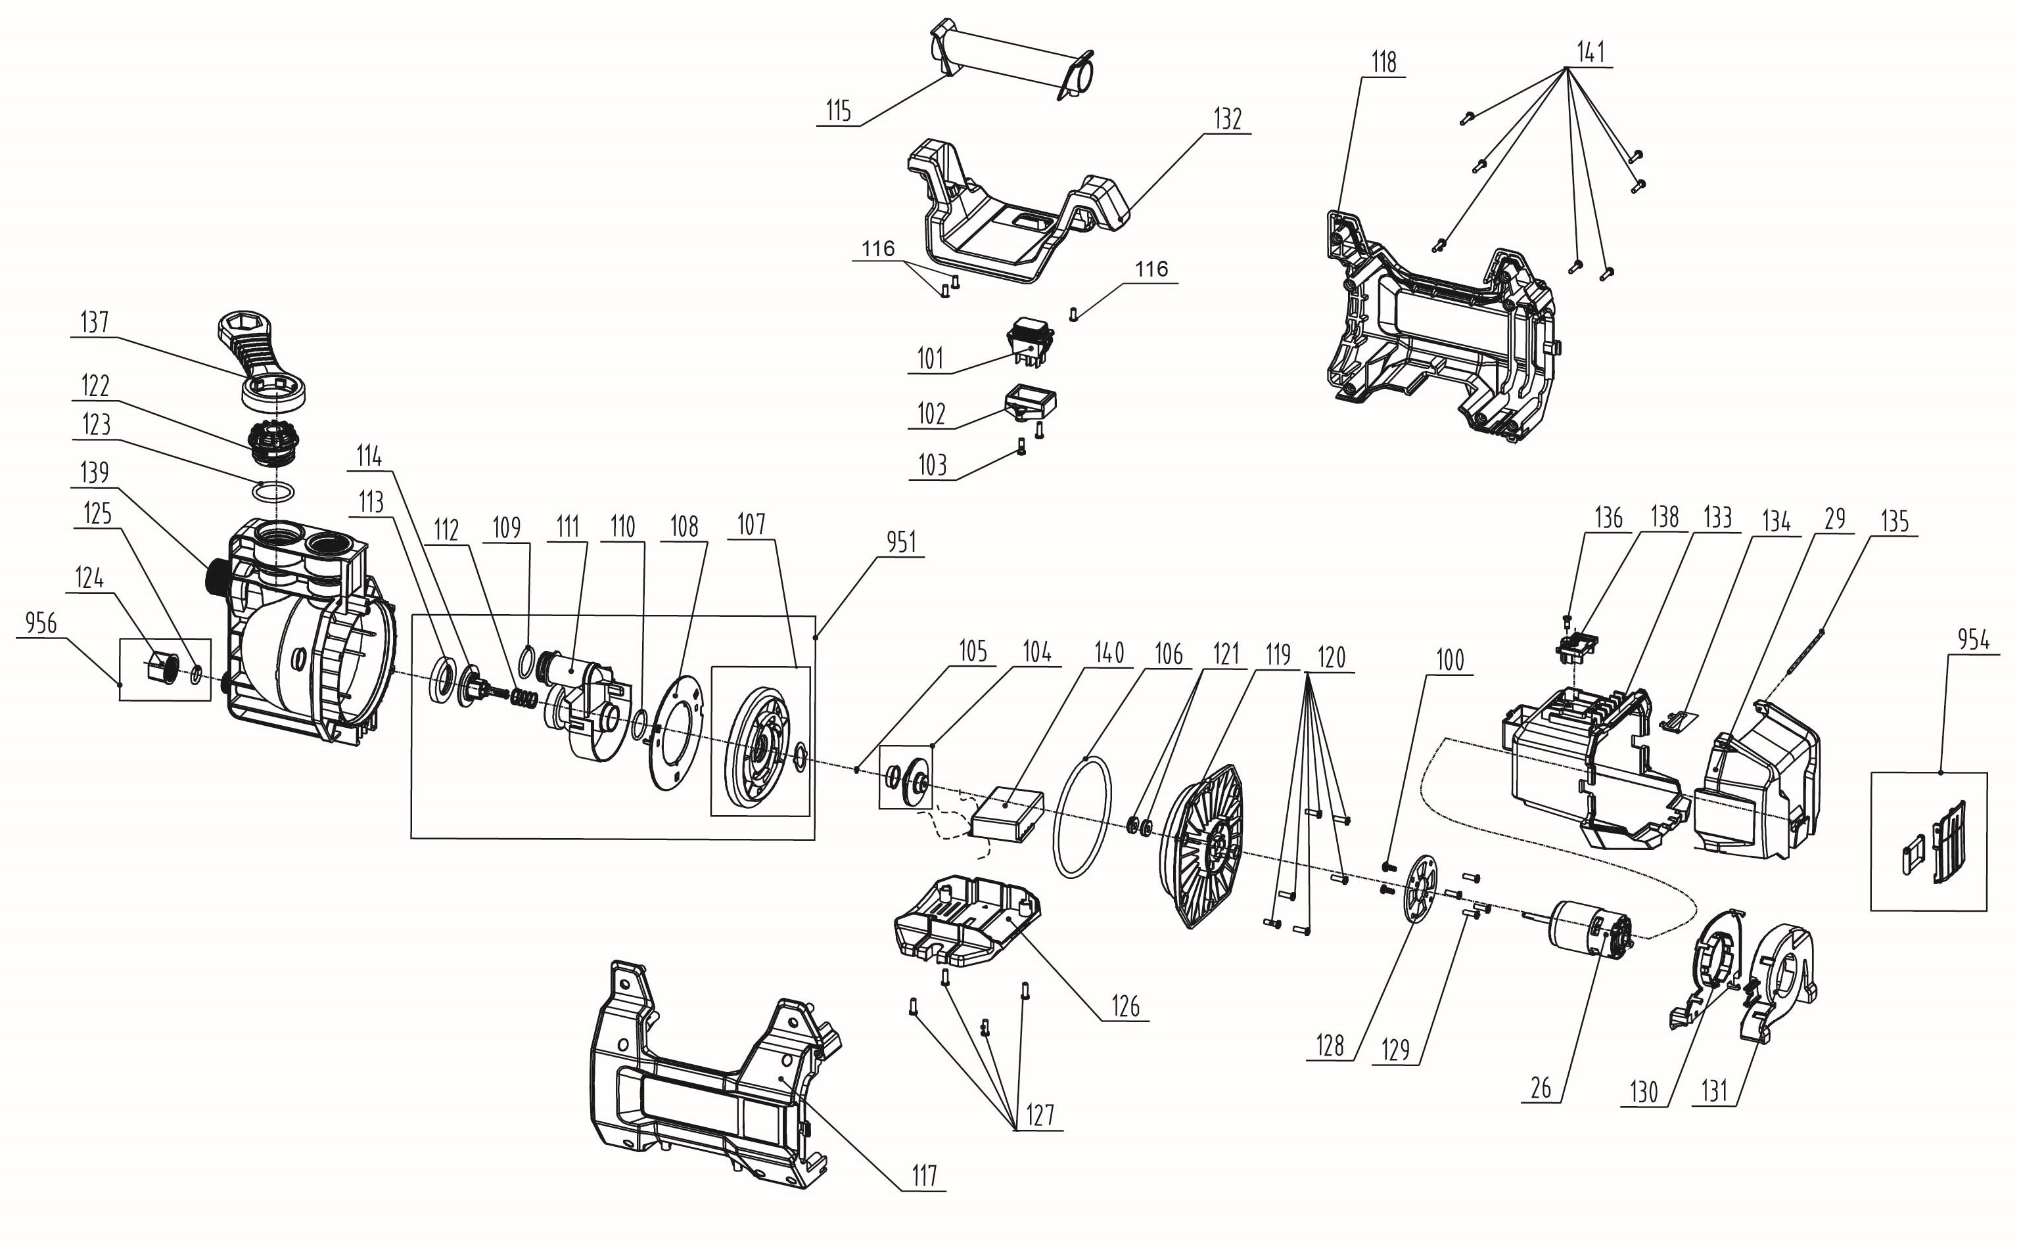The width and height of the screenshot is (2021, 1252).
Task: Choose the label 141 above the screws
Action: [1591, 52]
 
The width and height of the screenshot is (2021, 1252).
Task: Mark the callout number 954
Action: [1973, 639]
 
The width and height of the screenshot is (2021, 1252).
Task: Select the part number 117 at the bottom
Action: [923, 1175]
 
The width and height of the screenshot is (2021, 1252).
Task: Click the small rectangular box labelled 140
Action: [1006, 816]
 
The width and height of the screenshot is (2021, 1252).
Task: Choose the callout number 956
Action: [41, 623]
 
